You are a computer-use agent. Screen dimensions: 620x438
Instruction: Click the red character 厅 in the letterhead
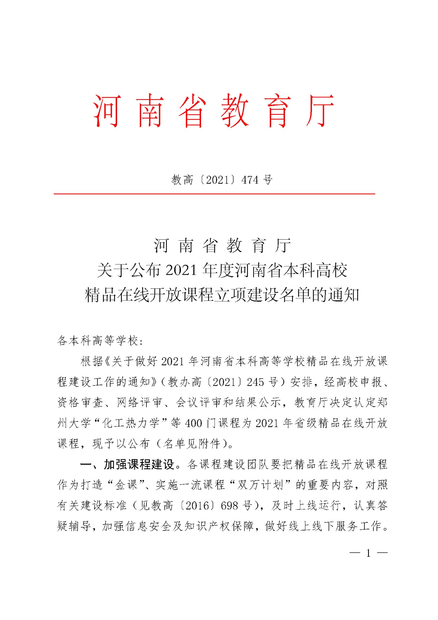tap(320, 111)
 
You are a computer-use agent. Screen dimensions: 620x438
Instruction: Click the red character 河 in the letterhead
tap(107, 111)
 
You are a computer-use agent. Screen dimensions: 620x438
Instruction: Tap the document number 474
tap(250, 180)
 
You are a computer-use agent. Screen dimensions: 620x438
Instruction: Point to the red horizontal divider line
tap(214, 194)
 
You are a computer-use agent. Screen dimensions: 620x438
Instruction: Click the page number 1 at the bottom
tap(369, 553)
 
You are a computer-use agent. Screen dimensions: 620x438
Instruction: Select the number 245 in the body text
tap(255, 382)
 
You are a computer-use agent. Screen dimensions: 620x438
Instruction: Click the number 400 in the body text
tap(193, 423)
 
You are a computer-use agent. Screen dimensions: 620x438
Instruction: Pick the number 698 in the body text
tap(229, 506)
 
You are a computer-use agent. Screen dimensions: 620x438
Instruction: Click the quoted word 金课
tap(126, 485)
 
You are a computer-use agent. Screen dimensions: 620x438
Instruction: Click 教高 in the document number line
tap(182, 180)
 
